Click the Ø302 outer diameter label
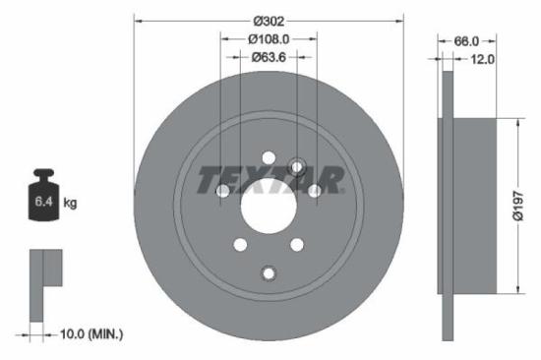(269, 20)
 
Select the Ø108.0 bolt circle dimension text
(269, 38)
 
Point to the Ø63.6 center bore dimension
(269, 57)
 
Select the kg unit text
(70, 204)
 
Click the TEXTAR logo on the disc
(270, 180)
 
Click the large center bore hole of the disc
(269, 208)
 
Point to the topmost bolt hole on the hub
(269, 154)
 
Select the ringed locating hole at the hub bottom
(269, 272)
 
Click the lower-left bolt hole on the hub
(238, 245)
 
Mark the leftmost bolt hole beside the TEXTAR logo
(222, 190)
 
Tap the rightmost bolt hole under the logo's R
(315, 190)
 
